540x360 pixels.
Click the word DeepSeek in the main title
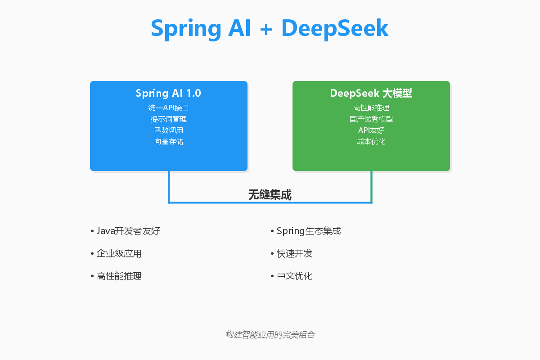[334, 28]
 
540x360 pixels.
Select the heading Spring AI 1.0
[168, 93]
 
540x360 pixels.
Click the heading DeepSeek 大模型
[371, 93]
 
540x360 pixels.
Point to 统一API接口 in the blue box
[168, 108]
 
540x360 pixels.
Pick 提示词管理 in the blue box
[168, 119]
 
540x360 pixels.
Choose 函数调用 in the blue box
[168, 130]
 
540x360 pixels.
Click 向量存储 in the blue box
[168, 142]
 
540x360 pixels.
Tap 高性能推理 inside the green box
[371, 108]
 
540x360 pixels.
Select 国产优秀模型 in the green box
[371, 119]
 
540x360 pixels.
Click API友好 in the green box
[371, 130]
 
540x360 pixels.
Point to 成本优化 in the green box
[371, 142]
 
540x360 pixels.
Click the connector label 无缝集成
[270, 194]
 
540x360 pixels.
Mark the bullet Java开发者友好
[128, 231]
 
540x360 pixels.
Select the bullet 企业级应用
[119, 254]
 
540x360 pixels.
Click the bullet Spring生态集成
[308, 231]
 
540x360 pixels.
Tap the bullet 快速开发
[294, 254]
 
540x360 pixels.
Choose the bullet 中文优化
[294, 276]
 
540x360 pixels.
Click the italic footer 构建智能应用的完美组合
[270, 335]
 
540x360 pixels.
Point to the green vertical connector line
[371, 186]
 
